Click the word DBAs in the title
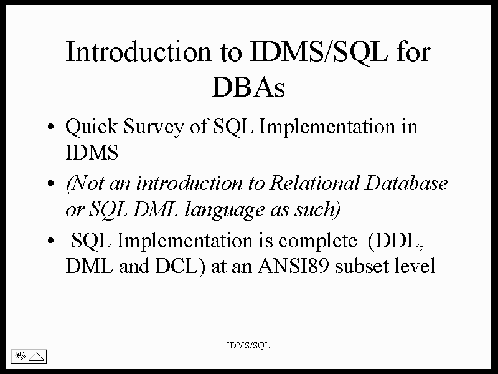(x=248, y=87)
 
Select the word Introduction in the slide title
(x=138, y=52)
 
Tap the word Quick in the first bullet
(x=92, y=127)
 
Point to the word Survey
(x=154, y=127)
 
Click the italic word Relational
(x=314, y=183)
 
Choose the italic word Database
(x=406, y=183)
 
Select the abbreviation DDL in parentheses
(x=396, y=241)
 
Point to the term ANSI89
(x=293, y=266)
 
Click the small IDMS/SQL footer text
(x=248, y=345)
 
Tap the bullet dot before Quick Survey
(x=50, y=127)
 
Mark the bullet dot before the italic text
(x=50, y=183)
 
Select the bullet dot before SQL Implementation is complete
(x=50, y=241)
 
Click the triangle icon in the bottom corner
(x=37, y=357)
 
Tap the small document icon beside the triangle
(x=21, y=356)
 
